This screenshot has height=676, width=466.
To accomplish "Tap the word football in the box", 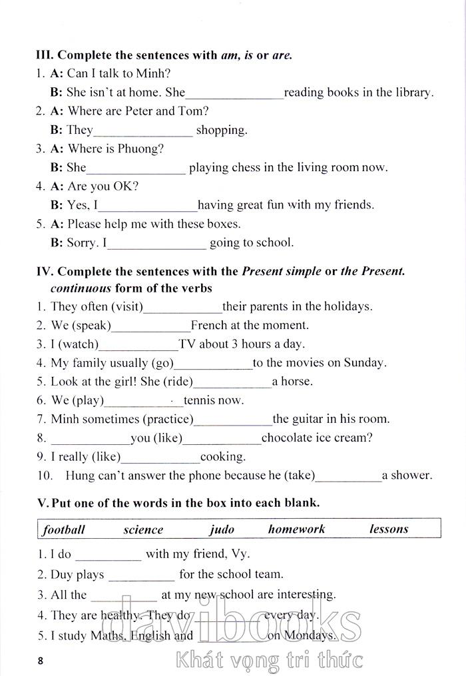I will click(x=64, y=529).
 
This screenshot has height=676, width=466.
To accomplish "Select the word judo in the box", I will click(x=222, y=529).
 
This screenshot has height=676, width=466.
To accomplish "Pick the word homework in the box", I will click(x=296, y=529).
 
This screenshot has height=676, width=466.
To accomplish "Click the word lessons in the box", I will click(x=389, y=529).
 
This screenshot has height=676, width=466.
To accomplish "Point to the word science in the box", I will click(x=143, y=529).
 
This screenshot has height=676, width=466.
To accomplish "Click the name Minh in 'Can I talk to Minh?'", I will click(x=155, y=74).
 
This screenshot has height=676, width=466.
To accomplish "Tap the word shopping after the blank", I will click(x=222, y=130).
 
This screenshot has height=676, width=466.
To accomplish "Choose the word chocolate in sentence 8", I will click(x=288, y=438).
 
